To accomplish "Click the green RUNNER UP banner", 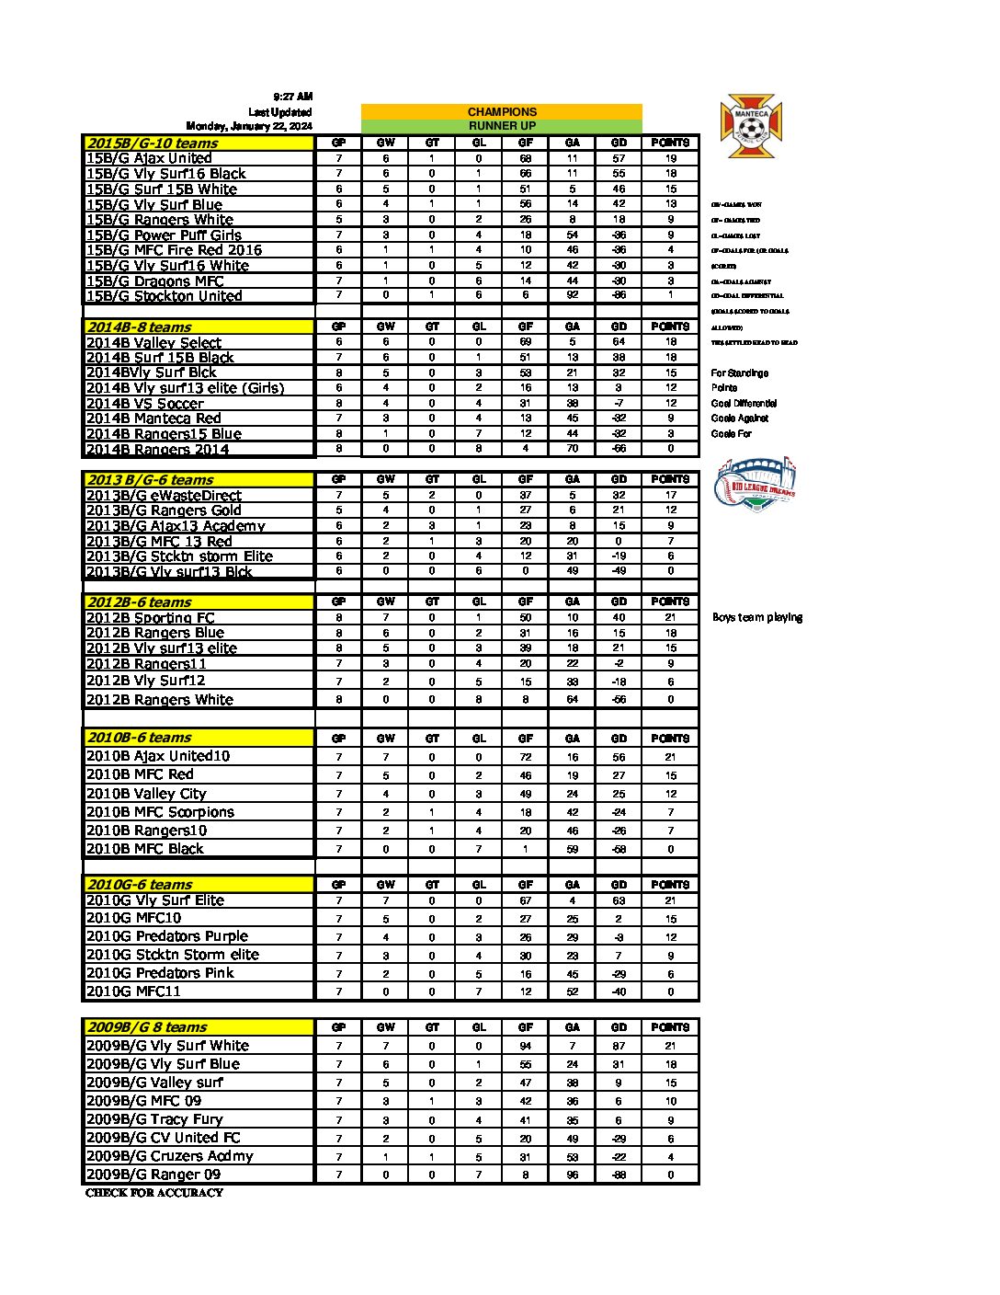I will [x=502, y=126].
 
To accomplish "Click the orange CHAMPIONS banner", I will [x=502, y=111].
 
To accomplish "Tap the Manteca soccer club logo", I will [x=750, y=126].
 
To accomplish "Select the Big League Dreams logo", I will [x=755, y=483].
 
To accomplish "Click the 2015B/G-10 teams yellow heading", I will [x=152, y=143].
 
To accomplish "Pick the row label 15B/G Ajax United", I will [x=149, y=158].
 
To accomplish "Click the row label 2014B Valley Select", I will [x=153, y=342].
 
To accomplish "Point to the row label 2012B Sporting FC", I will [x=150, y=617].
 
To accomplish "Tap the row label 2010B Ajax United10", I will [x=157, y=756].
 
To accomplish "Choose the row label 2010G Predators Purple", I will [x=166, y=936].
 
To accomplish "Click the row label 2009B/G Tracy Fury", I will [x=154, y=1119].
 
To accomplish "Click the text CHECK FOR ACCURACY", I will [x=154, y=1193].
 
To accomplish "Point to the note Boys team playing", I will [x=757, y=617].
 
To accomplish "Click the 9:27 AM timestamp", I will [x=293, y=97].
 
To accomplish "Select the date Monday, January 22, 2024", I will [x=249, y=126].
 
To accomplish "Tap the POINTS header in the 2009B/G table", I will [x=670, y=1027].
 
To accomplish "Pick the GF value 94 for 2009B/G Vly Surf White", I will [x=526, y=1046].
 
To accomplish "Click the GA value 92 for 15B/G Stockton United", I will [x=572, y=296].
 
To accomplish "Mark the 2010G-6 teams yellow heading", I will [x=140, y=884].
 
